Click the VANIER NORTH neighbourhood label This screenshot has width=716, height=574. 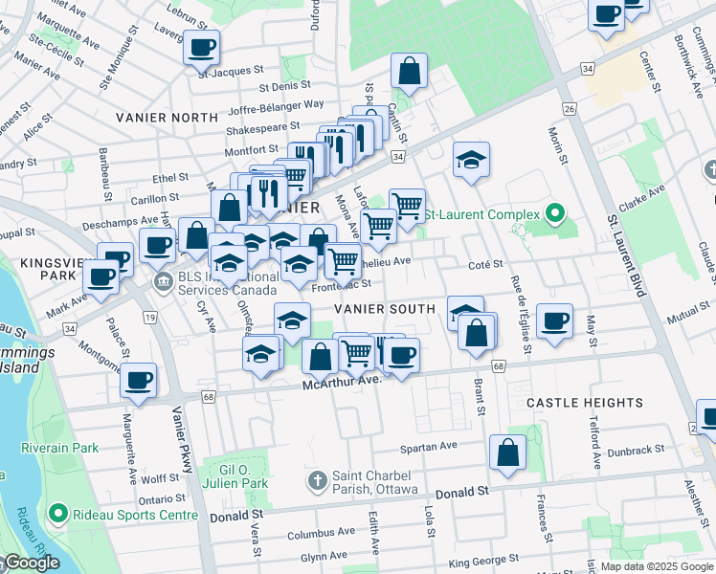click(x=167, y=117)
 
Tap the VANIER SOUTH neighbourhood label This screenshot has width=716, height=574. click(x=385, y=309)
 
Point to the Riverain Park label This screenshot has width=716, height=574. click(x=60, y=448)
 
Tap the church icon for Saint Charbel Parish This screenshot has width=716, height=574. click(x=317, y=478)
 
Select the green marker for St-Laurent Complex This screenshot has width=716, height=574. click(x=554, y=213)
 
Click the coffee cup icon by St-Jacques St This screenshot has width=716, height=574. click(x=202, y=47)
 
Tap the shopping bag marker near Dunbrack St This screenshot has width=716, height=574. click(x=507, y=453)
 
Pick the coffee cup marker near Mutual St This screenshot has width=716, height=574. click(x=554, y=320)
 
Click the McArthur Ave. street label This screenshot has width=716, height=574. click(x=342, y=381)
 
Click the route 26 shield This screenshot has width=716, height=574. click(x=570, y=109)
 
